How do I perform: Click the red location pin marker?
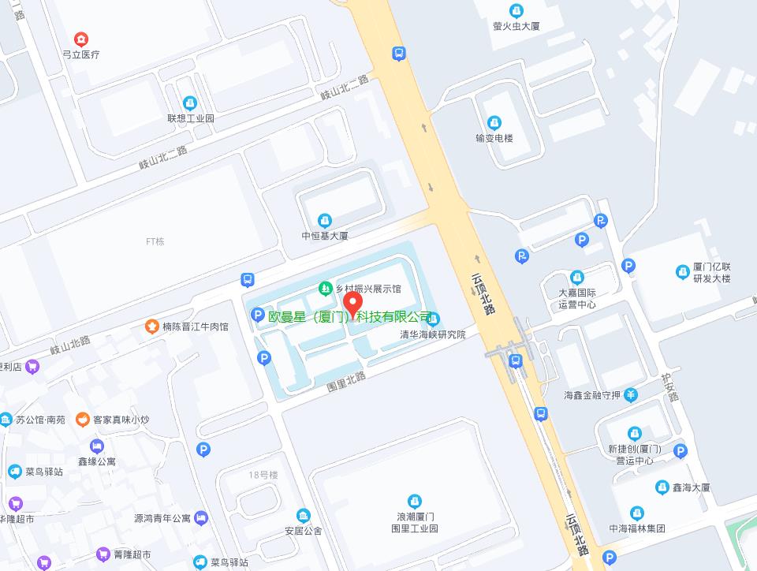click(355, 304)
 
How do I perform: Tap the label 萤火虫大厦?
click(516, 26)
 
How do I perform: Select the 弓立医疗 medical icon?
click(81, 39)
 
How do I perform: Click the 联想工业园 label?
click(190, 118)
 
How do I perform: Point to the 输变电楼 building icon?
click(494, 123)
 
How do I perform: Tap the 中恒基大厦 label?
click(324, 235)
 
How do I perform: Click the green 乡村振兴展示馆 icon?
click(325, 289)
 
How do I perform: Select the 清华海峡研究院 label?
click(433, 334)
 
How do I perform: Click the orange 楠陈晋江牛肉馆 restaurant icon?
click(151, 326)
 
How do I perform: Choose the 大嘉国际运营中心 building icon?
click(577, 278)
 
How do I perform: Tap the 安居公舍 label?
click(304, 531)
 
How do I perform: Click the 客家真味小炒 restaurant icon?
click(82, 420)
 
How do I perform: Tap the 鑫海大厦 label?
click(691, 488)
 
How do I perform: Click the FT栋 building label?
click(155, 241)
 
